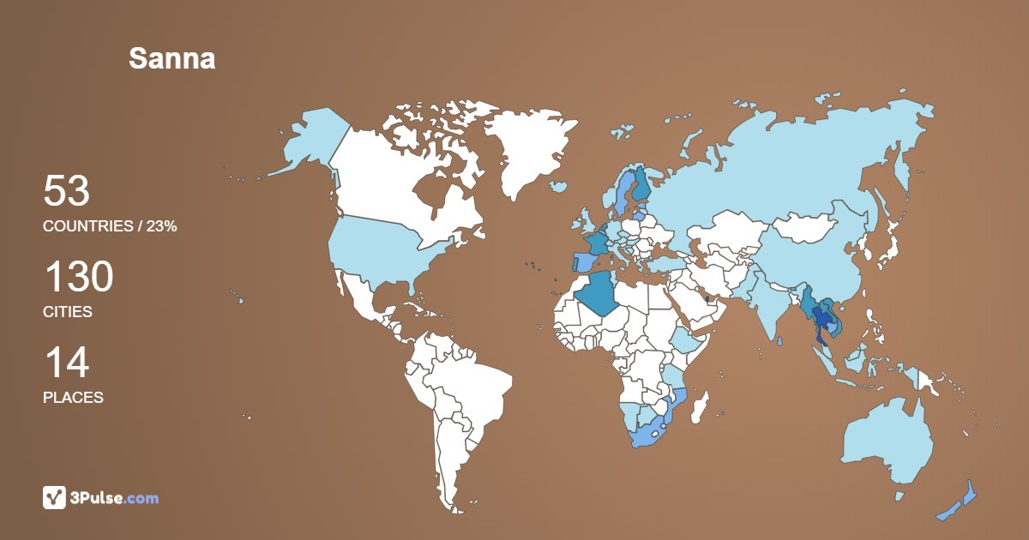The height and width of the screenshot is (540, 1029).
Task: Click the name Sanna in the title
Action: pos(171,58)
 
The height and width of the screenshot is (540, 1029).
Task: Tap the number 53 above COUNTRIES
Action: pos(66,191)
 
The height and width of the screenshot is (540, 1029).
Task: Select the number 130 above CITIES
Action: pos(78,278)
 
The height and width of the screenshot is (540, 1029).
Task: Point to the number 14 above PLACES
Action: pos(66,363)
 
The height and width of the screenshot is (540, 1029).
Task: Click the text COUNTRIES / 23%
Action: pos(110,226)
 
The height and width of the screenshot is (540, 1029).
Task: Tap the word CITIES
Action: pos(68,312)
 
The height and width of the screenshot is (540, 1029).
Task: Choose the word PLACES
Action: pos(73,398)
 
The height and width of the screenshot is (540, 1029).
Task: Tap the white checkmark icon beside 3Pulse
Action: pos(54,497)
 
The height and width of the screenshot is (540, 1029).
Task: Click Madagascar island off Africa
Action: pos(701,406)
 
